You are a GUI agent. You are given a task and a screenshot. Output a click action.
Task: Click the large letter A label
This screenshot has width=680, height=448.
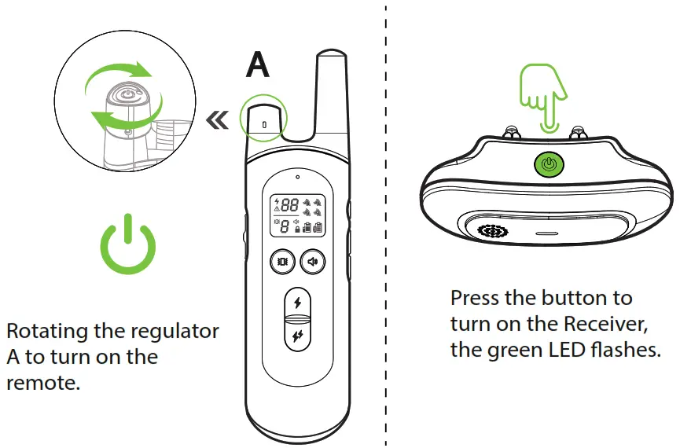click(258, 65)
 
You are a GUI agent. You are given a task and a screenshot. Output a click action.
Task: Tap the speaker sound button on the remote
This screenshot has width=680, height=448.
click(313, 262)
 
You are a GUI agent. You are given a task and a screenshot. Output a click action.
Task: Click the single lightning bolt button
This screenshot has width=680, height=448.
click(296, 303)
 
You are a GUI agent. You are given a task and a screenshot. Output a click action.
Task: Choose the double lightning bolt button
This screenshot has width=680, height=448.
click(296, 336)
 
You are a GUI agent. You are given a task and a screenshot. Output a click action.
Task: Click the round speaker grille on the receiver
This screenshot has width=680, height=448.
click(492, 232)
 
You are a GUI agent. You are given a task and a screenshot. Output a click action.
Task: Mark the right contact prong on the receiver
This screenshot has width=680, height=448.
click(580, 133)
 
